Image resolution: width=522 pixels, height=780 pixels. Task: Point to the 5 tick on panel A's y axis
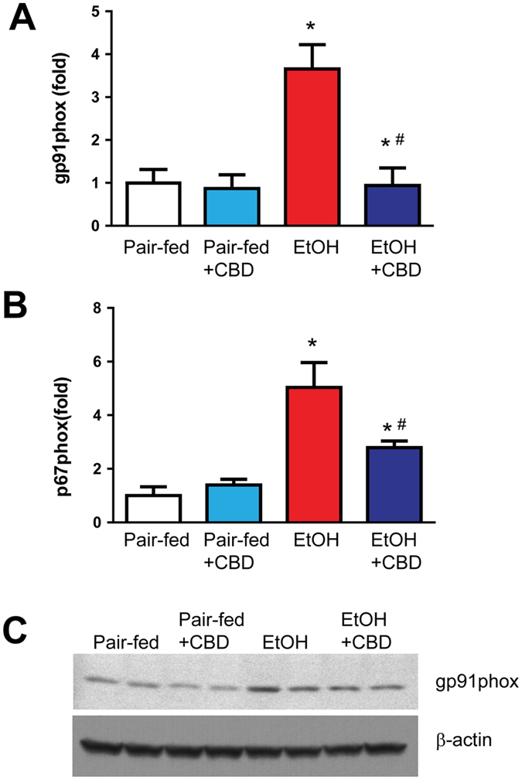tap(94, 12)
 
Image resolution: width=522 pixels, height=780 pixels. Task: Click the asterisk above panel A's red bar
tap(311, 29)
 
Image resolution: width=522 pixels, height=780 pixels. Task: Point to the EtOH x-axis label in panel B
tap(312, 543)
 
